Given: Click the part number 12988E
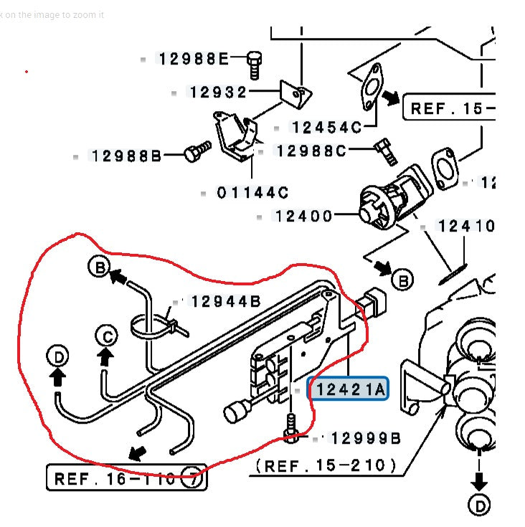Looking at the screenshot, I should (x=193, y=59).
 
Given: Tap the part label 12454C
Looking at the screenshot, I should (x=326, y=128).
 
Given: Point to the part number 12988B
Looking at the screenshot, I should (x=126, y=156).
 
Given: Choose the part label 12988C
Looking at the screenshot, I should (x=311, y=151).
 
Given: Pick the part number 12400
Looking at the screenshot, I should (x=303, y=216).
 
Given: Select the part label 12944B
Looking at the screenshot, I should (x=226, y=302).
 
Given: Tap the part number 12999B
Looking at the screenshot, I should (x=365, y=438).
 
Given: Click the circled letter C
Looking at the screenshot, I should (x=107, y=335).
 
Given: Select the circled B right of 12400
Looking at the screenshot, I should (x=403, y=280).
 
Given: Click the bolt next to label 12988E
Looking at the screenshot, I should (x=253, y=64).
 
